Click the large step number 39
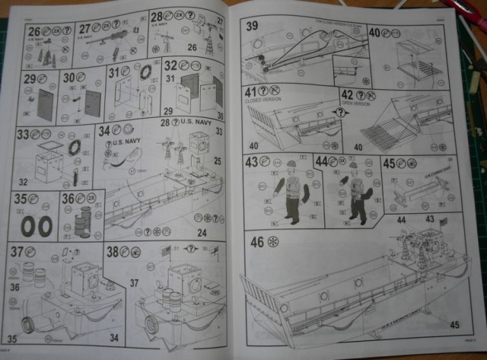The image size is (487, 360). tap(252, 26)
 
